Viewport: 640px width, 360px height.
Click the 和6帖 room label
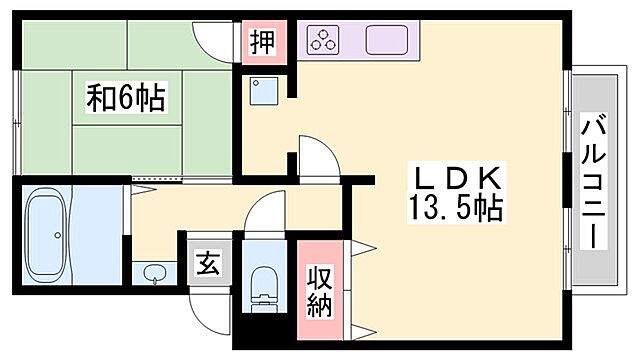point(125,98)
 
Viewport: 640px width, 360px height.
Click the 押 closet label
point(262,43)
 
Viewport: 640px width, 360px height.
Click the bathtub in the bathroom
point(46,236)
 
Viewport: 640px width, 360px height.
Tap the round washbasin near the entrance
point(155,274)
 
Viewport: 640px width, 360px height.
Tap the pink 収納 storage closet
point(320,290)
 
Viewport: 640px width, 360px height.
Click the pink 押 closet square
point(263,44)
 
